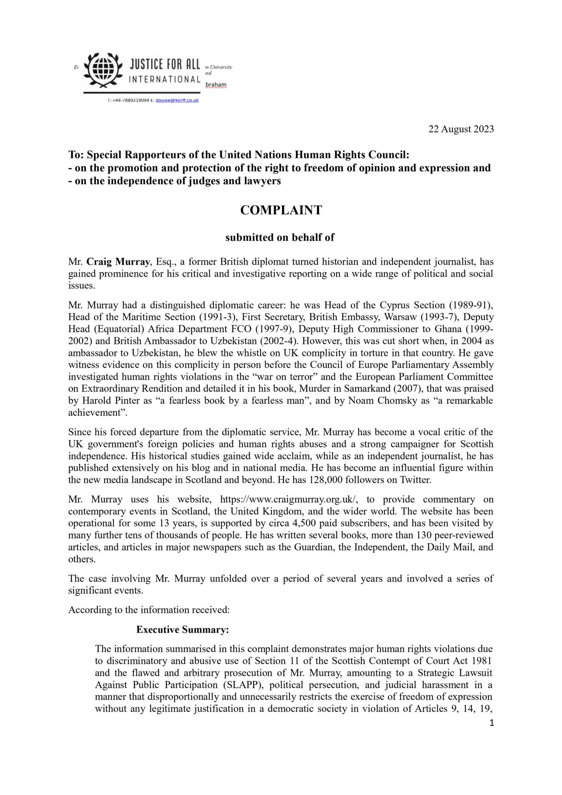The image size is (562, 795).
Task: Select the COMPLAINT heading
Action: [281, 210]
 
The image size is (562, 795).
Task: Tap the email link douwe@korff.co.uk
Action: [177, 100]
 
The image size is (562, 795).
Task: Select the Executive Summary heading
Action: [182, 630]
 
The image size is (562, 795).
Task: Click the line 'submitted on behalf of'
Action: [280, 238]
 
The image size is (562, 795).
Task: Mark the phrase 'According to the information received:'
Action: [149, 609]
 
